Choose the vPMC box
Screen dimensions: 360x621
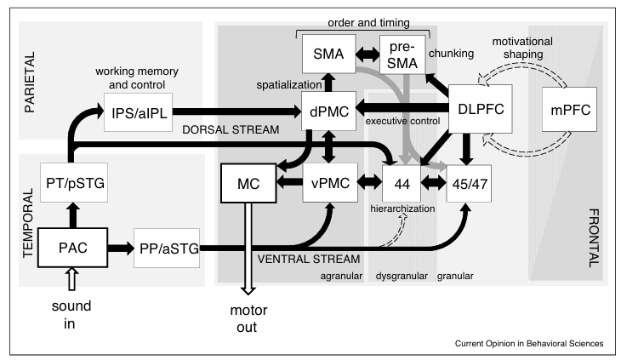(327, 181)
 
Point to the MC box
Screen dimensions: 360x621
(247, 181)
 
